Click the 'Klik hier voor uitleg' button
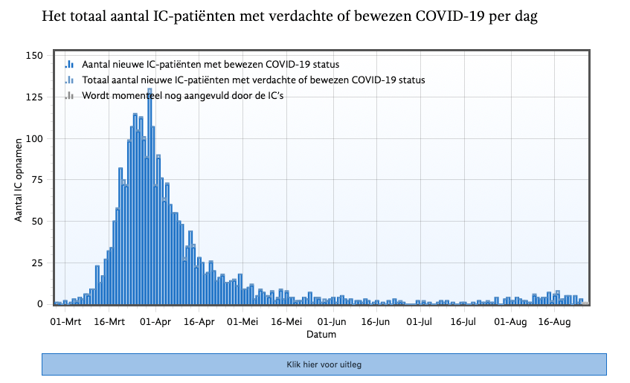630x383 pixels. (x=324, y=364)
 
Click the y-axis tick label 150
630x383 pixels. (x=34, y=56)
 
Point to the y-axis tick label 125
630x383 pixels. (x=34, y=97)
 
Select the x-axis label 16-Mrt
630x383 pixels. (x=109, y=322)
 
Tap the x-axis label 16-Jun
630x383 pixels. (x=376, y=322)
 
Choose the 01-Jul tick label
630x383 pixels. (x=420, y=322)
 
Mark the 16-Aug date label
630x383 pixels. (x=553, y=322)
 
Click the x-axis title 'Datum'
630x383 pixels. (x=321, y=335)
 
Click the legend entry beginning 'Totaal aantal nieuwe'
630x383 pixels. (x=253, y=80)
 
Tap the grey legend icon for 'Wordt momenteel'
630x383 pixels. (x=69, y=95)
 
